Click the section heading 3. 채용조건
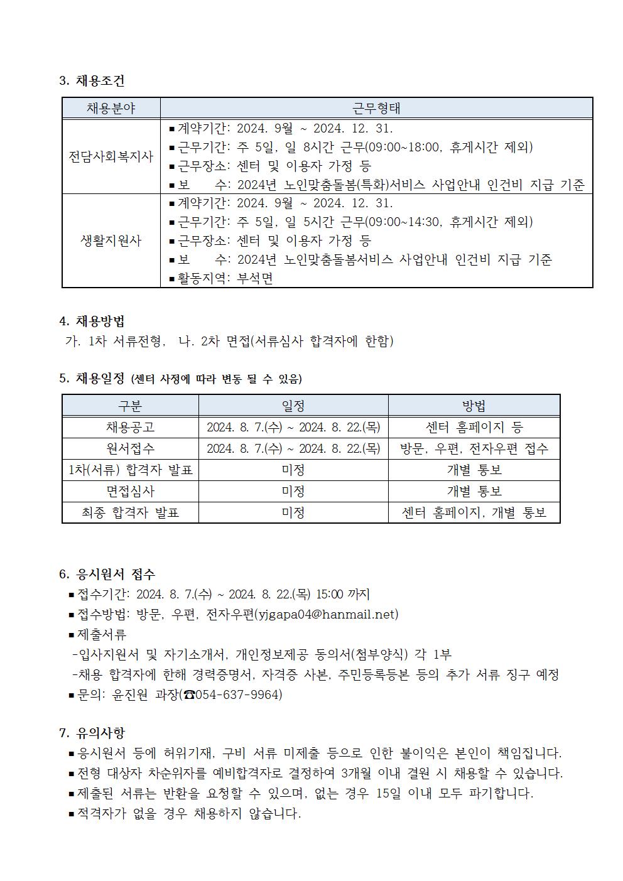92,80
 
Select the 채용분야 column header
111,108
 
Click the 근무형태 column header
376,108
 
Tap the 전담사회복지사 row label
111,156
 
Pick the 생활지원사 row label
111,241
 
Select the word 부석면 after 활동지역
255,278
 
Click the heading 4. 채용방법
92,322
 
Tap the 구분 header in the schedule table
130,406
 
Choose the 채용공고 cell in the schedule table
130,428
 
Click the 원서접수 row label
130,448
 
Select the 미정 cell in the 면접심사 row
293,491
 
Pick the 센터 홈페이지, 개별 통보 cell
474,512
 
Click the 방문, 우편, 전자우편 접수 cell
474,448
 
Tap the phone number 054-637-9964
239,695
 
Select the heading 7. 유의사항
92,732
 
